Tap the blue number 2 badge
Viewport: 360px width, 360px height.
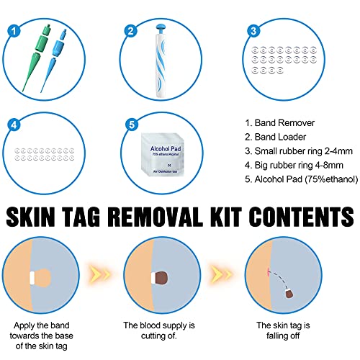pyautogui.click(x=131, y=31)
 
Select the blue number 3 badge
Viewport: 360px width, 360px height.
pyautogui.click(x=253, y=31)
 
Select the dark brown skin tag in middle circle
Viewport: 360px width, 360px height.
pyautogui.click(x=161, y=277)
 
